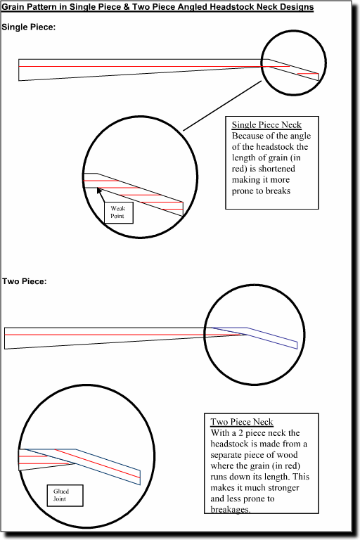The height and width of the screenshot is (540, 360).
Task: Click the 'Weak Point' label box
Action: tap(119, 212)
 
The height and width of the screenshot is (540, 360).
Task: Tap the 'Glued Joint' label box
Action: tap(65, 496)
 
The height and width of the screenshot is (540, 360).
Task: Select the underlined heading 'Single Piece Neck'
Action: tap(266, 124)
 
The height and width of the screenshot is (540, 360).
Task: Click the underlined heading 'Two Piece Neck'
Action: tap(242, 422)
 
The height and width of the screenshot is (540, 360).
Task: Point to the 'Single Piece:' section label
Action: tap(29, 27)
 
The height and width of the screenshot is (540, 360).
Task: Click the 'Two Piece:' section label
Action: tap(24, 281)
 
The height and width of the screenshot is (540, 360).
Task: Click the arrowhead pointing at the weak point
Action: tap(99, 190)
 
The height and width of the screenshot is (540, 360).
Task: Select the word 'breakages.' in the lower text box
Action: tap(231, 509)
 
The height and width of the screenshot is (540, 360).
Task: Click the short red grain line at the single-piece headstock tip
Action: tap(308, 74)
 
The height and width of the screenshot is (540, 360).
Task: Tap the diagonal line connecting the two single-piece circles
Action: tap(223, 105)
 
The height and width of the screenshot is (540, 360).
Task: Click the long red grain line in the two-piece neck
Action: tap(124, 335)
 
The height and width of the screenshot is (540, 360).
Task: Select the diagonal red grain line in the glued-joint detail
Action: tap(97, 463)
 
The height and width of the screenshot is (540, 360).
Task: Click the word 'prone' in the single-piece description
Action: tap(243, 191)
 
